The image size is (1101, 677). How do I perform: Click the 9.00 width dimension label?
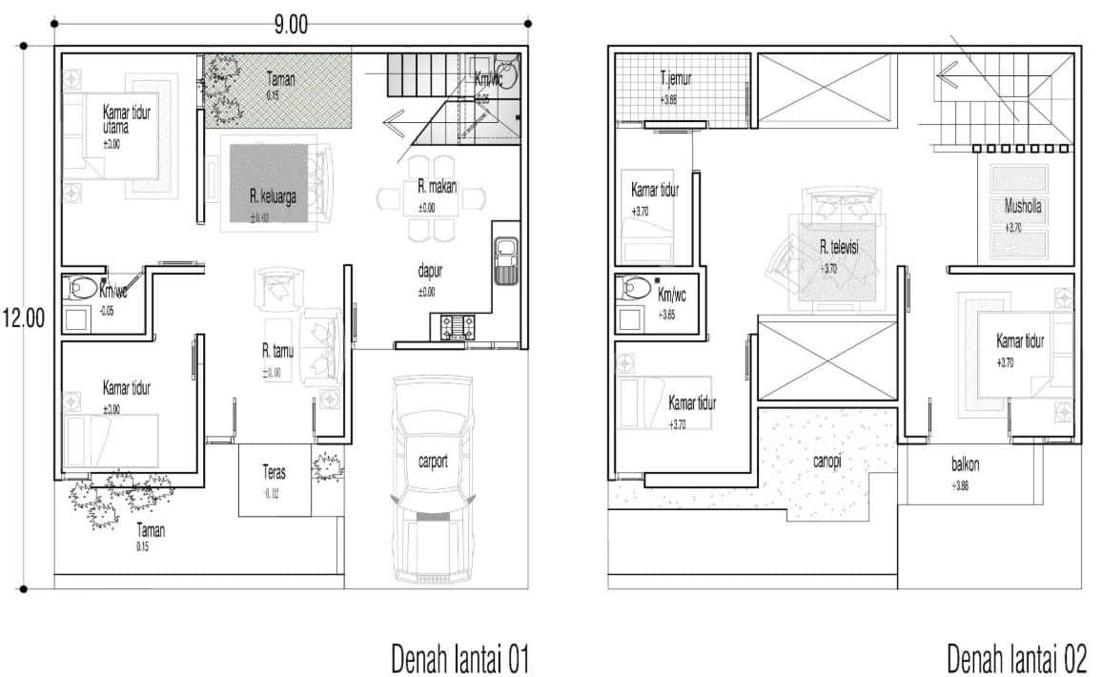(292, 26)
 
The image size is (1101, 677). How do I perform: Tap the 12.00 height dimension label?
(24, 318)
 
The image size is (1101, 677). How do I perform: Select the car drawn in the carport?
(432, 477)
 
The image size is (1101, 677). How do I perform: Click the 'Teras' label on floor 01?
(275, 470)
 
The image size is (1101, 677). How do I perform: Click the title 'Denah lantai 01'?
(459, 659)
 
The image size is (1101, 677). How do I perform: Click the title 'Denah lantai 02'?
(1016, 659)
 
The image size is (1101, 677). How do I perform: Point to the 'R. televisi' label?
(839, 247)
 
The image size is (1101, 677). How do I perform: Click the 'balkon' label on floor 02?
(965, 466)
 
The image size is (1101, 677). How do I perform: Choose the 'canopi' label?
(826, 462)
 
